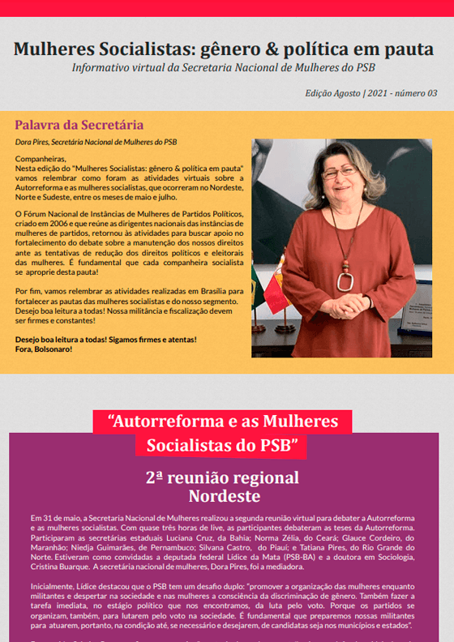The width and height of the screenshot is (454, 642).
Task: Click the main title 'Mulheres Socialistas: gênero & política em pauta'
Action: (224, 49)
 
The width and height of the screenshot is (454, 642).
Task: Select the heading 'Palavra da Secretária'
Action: (79, 125)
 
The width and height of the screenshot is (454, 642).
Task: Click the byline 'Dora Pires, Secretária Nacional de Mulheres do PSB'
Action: (96, 142)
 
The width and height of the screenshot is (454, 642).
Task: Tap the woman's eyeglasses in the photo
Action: (339, 173)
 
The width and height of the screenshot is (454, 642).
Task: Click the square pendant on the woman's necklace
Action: (345, 281)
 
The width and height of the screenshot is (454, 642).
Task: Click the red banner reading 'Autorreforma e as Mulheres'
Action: (223, 422)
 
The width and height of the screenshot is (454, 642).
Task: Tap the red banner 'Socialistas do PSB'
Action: (222, 445)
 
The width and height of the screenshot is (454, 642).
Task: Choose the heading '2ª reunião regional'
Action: (222, 477)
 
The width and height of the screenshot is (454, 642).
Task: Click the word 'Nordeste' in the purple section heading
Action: (224, 495)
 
